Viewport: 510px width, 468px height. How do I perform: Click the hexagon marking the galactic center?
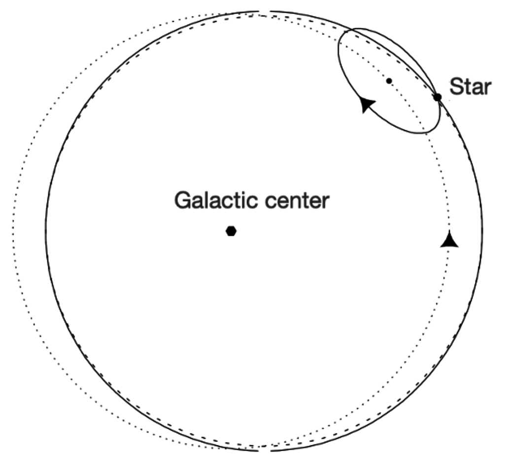(x=231, y=231)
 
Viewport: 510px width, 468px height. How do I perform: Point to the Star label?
(x=471, y=87)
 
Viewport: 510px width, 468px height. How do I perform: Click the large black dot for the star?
(x=437, y=97)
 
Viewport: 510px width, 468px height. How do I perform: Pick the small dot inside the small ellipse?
(x=389, y=81)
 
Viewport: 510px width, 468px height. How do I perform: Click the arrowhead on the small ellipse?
(x=367, y=104)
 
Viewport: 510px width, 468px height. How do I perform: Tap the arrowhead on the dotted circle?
(x=449, y=240)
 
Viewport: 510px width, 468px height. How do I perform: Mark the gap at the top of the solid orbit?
(x=265, y=11)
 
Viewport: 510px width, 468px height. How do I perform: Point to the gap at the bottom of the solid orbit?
(x=265, y=450)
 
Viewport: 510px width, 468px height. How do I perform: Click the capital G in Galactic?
(x=183, y=201)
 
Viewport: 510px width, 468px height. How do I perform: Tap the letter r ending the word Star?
(x=487, y=88)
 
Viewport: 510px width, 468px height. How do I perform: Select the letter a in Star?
(x=477, y=88)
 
